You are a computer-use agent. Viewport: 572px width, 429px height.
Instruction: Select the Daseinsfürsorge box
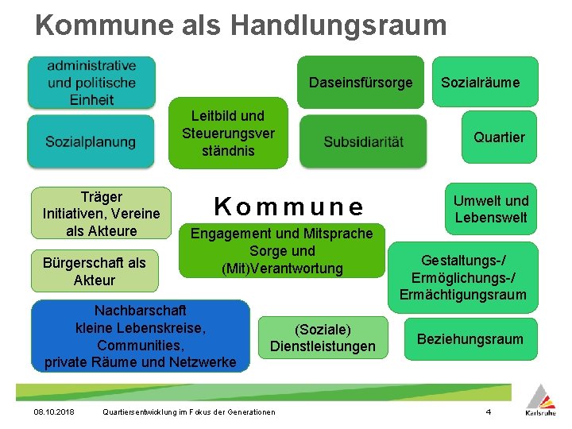click(x=361, y=82)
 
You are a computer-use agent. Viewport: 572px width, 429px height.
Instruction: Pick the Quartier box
click(x=499, y=137)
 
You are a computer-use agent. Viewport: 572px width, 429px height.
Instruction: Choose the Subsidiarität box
click(x=363, y=142)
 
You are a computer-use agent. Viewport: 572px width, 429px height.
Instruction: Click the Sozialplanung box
click(x=91, y=141)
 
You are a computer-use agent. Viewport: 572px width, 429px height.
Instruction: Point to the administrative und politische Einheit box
click(x=91, y=83)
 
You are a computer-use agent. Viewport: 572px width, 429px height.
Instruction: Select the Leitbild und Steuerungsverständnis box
click(x=228, y=133)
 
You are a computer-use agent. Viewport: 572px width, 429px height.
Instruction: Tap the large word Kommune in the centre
click(x=289, y=207)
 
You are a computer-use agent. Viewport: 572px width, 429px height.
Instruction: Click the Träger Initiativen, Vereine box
click(x=101, y=213)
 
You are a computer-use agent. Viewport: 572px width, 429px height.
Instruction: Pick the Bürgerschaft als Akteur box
click(x=94, y=272)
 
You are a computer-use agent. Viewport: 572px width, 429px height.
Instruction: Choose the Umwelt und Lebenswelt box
click(x=491, y=209)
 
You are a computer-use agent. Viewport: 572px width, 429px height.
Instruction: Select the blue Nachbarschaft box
click(x=140, y=336)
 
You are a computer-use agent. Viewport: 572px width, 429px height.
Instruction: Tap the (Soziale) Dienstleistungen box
click(x=323, y=338)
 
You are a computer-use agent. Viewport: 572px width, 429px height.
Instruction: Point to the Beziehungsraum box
click(x=470, y=339)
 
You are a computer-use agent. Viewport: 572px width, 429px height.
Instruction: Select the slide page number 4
click(x=489, y=412)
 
